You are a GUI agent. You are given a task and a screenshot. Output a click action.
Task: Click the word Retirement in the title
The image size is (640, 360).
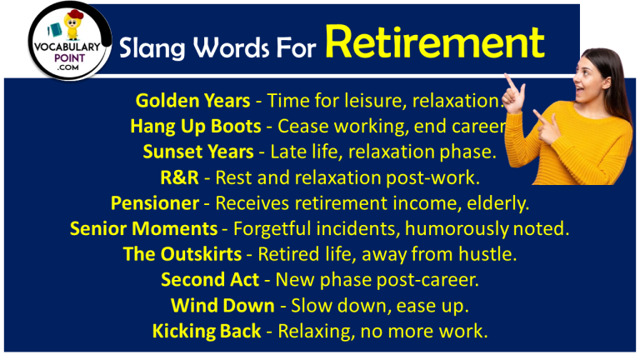pyautogui.click(x=435, y=42)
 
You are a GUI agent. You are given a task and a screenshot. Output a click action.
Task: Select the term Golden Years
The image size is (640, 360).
pyautogui.click(x=192, y=101)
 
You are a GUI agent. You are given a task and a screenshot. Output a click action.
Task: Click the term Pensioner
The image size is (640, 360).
pyautogui.click(x=155, y=203)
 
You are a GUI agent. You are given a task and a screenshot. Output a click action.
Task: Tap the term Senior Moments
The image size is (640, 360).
pyautogui.click(x=141, y=229)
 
